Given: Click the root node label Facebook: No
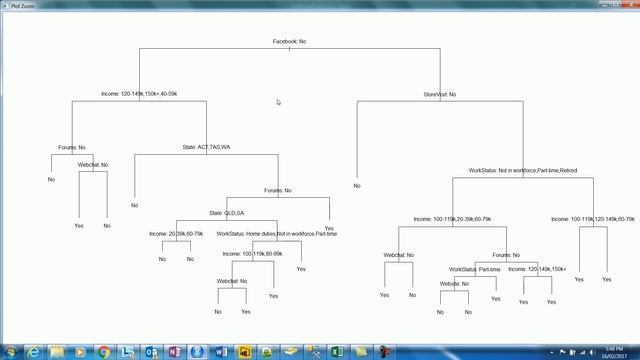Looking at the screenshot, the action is pyautogui.click(x=289, y=41).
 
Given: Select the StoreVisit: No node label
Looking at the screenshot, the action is pyautogui.click(x=439, y=94).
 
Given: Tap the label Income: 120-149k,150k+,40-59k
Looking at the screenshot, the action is pyautogui.click(x=139, y=94).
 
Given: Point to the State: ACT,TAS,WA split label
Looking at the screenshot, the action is pyautogui.click(x=206, y=147).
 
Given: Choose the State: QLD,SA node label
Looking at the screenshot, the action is pyautogui.click(x=226, y=213).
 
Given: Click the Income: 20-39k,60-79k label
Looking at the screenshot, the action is pyautogui.click(x=176, y=234).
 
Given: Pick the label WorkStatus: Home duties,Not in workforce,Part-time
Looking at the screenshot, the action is pyautogui.click(x=277, y=234).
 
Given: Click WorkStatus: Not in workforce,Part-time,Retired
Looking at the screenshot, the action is pyautogui.click(x=522, y=171).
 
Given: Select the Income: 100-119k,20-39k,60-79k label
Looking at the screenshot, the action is pyautogui.click(x=452, y=219).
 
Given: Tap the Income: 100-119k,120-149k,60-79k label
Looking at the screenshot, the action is pyautogui.click(x=593, y=219).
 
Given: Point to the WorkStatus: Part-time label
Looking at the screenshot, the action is pyautogui.click(x=475, y=269).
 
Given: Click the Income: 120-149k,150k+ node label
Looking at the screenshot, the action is pyautogui.click(x=537, y=269).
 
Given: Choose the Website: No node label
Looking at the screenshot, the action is pyautogui.click(x=454, y=284).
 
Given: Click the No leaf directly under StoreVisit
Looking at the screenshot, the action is pyautogui.click(x=357, y=185).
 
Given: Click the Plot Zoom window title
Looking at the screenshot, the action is pyautogui.click(x=22, y=5).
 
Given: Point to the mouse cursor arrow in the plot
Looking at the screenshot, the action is pyautogui.click(x=279, y=101).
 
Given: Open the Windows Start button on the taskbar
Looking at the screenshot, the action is pyautogui.click(x=10, y=351).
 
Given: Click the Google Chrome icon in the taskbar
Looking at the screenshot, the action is pyautogui.click(x=105, y=351).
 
